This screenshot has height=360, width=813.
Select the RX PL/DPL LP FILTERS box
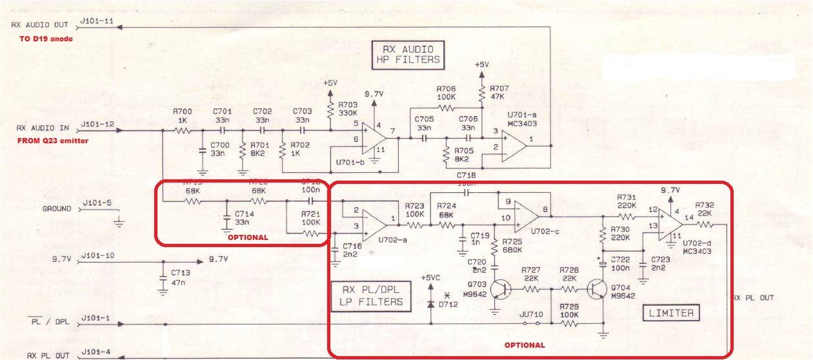(x=370, y=295)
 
